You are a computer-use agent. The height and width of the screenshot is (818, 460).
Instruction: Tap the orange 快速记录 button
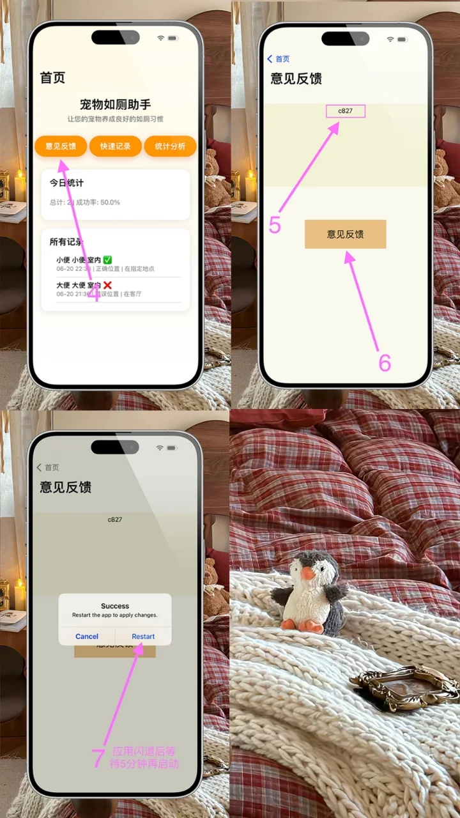[115, 146]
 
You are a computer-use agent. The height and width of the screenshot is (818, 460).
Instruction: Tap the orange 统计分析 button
[170, 146]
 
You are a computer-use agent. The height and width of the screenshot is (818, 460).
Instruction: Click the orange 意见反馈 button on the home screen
[61, 146]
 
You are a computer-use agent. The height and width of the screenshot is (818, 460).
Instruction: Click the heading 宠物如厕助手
[115, 104]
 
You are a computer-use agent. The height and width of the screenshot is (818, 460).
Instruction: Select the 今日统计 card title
[67, 183]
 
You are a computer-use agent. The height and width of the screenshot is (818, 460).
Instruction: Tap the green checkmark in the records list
[107, 259]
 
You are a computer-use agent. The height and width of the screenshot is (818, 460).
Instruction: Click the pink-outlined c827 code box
[346, 111]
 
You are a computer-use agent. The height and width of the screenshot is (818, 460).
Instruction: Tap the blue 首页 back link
[279, 59]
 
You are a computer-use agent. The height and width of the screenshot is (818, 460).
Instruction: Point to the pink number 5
[275, 225]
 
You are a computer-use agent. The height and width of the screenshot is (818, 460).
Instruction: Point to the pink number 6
[385, 362]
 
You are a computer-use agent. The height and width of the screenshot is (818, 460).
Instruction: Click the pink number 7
[98, 759]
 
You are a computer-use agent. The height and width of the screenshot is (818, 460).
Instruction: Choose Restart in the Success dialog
[143, 637]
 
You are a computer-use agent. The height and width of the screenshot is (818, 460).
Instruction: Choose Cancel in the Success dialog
[87, 637]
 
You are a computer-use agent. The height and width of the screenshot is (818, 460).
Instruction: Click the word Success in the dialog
[115, 606]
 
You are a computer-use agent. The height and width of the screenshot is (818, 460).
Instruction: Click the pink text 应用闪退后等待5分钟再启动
[146, 758]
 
